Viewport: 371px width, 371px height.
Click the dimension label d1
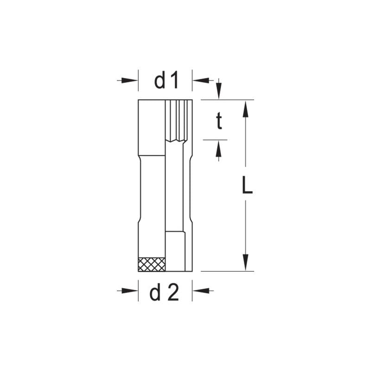[x=166, y=81]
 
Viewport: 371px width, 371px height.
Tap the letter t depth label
[x=219, y=122]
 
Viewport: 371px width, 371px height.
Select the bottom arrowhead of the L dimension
[x=246, y=262]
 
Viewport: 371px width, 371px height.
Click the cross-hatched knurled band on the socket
[x=152, y=264]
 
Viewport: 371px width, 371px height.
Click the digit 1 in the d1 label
[x=173, y=81]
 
